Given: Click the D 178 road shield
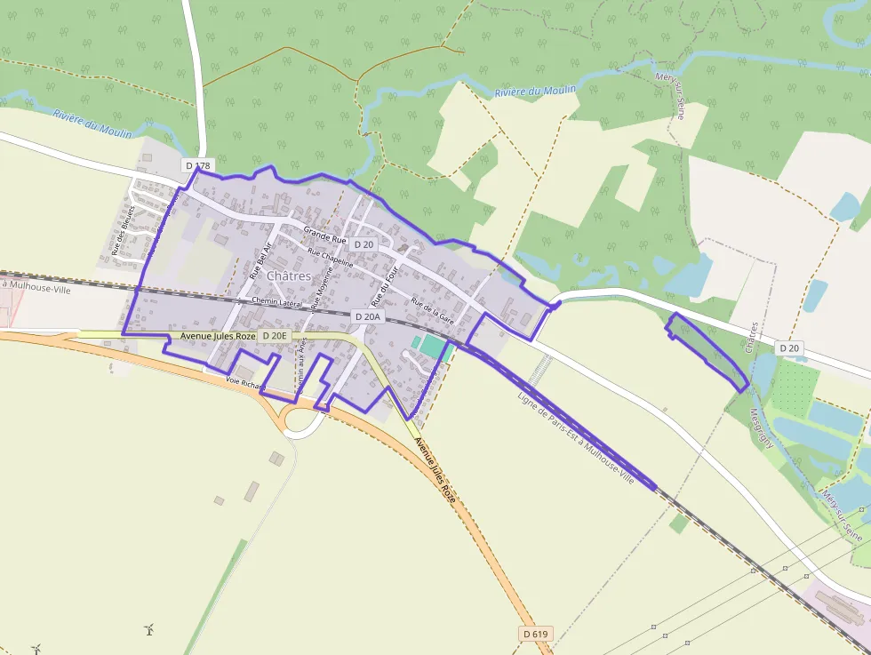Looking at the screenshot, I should (x=198, y=165).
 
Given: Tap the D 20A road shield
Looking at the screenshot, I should (x=368, y=316).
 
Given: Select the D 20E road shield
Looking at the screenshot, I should (x=275, y=335).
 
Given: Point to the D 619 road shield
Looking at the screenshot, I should (x=536, y=634).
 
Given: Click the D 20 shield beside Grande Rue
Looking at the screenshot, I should (x=364, y=244).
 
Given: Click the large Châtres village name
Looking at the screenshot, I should (x=289, y=276).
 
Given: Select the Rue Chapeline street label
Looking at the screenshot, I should (x=331, y=258).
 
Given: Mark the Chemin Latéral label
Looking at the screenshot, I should (x=277, y=301).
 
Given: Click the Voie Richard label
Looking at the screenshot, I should (x=245, y=383).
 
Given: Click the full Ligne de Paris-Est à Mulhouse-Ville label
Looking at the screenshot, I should (x=576, y=437).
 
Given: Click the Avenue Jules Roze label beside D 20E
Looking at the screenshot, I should (x=218, y=336).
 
